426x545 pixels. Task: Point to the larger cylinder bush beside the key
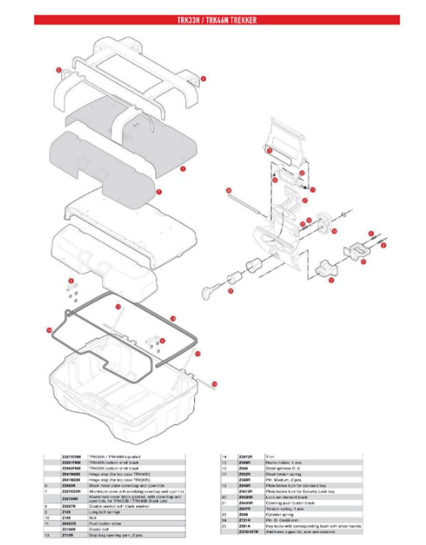[x=254, y=266]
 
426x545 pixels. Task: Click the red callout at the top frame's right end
[x=203, y=78]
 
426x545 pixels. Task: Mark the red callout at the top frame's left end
[x=59, y=70]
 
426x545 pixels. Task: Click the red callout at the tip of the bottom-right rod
[x=214, y=384]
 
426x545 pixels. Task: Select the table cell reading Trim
[x=270, y=457]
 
